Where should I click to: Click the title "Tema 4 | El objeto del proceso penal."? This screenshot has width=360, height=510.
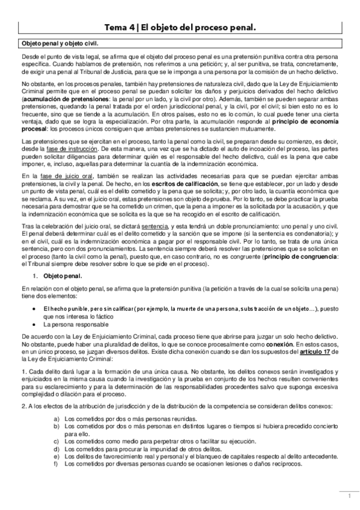pos(180,27)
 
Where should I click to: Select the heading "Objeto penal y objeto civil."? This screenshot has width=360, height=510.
pos(60,44)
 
